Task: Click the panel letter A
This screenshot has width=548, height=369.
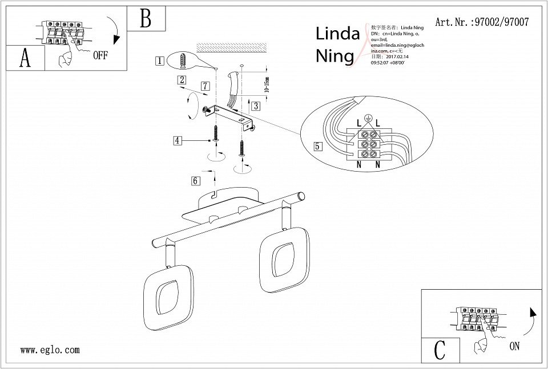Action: tap(25, 58)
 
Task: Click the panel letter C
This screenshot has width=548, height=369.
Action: tap(439, 350)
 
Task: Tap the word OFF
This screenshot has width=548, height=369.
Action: tap(100, 55)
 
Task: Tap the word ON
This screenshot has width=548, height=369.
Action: tap(515, 346)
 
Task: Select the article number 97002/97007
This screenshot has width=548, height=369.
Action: tap(482, 22)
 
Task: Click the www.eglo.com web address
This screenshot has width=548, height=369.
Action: tap(50, 350)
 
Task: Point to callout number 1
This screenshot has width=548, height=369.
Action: tap(160, 60)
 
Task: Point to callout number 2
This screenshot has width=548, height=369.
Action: tap(182, 80)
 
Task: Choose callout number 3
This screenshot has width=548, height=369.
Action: tap(256, 106)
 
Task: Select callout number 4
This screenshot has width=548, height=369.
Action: tap(179, 140)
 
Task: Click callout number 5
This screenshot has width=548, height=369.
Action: tap(318, 145)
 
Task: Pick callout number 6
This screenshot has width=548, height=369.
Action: tap(195, 181)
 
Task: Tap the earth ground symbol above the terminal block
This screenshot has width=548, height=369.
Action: tap(369, 118)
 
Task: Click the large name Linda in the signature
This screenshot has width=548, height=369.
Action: tap(337, 34)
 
